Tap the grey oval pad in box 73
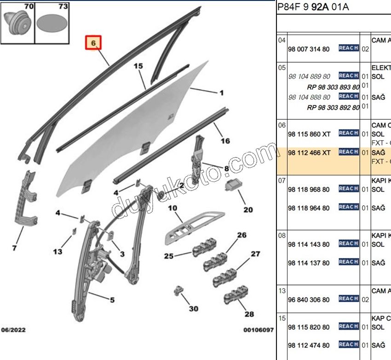click(52, 23)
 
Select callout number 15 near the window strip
click(138, 66)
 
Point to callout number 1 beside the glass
click(221, 93)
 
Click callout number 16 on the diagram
click(225, 141)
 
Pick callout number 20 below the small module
click(248, 209)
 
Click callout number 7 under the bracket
click(14, 248)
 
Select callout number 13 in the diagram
click(57, 251)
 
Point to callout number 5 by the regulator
click(112, 300)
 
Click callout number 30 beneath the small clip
click(194, 308)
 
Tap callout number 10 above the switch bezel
click(172, 208)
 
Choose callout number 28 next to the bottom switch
click(249, 314)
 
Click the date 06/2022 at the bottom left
click(13, 330)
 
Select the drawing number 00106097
click(259, 330)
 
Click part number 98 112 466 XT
click(309, 152)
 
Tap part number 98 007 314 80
click(309, 49)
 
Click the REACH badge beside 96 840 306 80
click(348, 299)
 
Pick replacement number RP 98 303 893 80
click(333, 87)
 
